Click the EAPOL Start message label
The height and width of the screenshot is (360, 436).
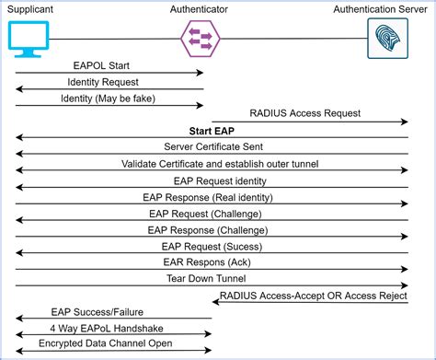point(109,65)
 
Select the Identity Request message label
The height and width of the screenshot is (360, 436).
point(109,82)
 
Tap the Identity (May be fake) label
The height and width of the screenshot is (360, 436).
point(109,98)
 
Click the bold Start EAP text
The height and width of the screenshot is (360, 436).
point(212,131)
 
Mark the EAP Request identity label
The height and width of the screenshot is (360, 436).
point(212,180)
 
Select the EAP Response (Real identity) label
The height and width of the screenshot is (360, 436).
point(212,197)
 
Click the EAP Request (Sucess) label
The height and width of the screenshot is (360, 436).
point(212,246)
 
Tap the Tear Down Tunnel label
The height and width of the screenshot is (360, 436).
point(212,278)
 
